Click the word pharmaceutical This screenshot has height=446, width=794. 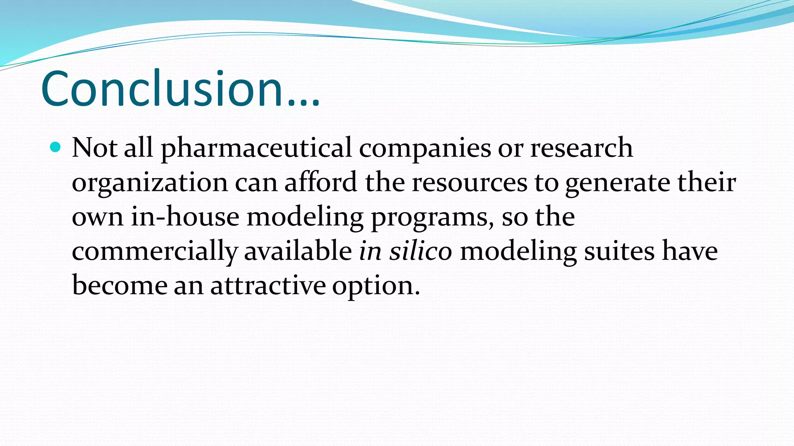pyautogui.click(x=256, y=148)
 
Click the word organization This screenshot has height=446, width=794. pyautogui.click(x=150, y=183)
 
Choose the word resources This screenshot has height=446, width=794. pyautogui.click(x=469, y=183)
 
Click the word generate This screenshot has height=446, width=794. pyautogui.click(x=618, y=183)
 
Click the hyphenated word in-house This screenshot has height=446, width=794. pyautogui.click(x=185, y=216)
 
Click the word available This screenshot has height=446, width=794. pyautogui.click(x=298, y=251)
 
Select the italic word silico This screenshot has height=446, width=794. pyautogui.click(x=421, y=251)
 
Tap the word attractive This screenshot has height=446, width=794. pyautogui.click(x=268, y=285)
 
